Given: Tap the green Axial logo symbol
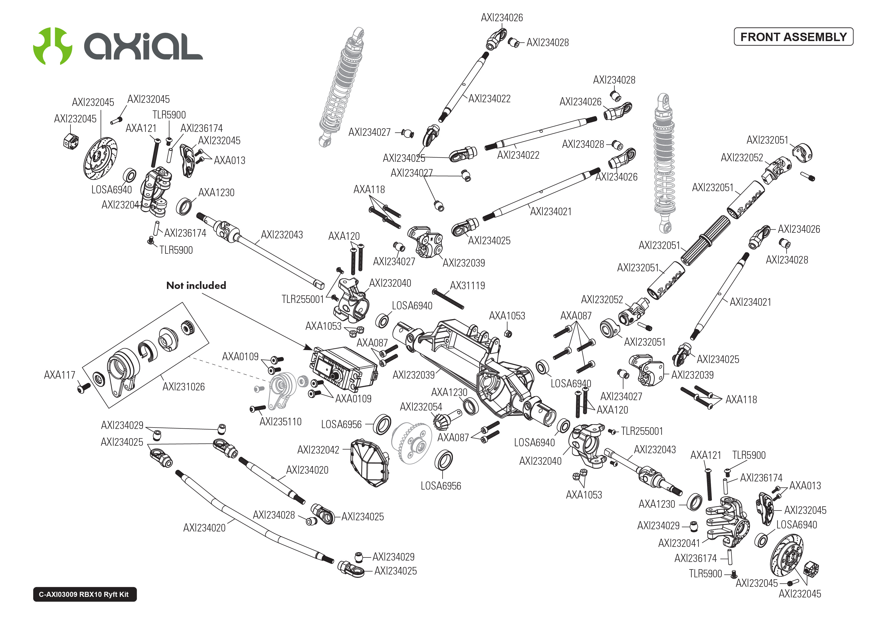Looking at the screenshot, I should (x=52, y=46).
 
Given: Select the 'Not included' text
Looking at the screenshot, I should (x=196, y=286).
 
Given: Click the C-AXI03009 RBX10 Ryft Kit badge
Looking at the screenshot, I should (x=84, y=594).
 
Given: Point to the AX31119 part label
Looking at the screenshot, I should (x=467, y=286).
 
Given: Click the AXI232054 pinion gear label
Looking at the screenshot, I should (x=421, y=407).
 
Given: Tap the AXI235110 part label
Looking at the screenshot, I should (x=280, y=422).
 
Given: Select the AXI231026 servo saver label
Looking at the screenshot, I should (x=184, y=386).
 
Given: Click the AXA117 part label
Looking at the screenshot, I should (x=59, y=375).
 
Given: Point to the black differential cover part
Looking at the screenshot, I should (x=369, y=462).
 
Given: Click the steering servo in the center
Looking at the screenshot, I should (x=343, y=368).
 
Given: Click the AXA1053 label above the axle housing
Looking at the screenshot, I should (x=507, y=316).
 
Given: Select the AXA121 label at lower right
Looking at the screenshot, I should (x=705, y=455).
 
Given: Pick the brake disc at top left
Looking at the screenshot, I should (x=100, y=158).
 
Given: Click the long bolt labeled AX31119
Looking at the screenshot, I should (x=448, y=299).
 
